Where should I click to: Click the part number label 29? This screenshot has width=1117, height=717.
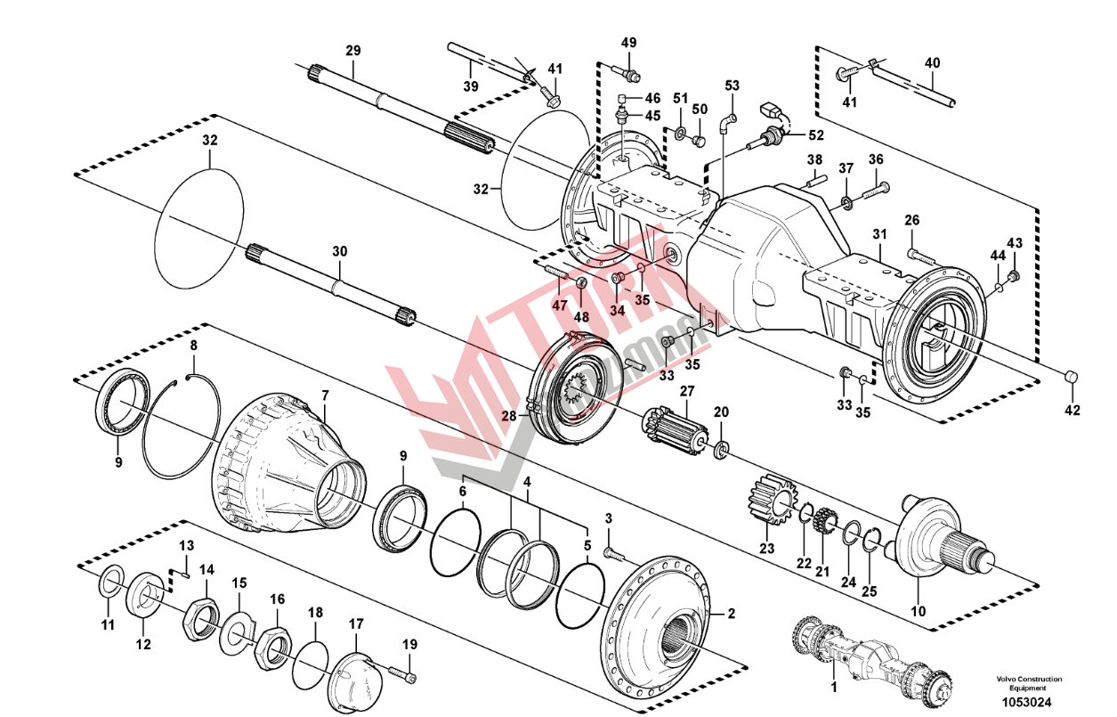[x=353, y=51]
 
